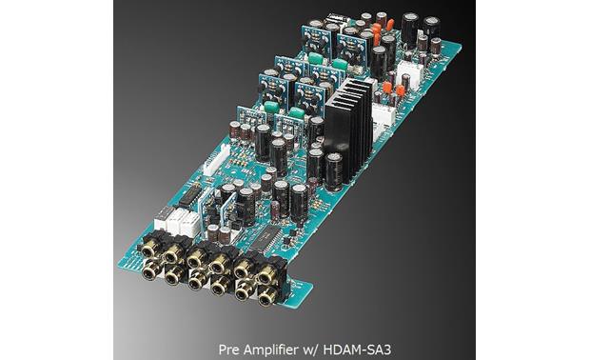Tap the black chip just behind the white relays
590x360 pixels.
(x=191, y=195)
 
